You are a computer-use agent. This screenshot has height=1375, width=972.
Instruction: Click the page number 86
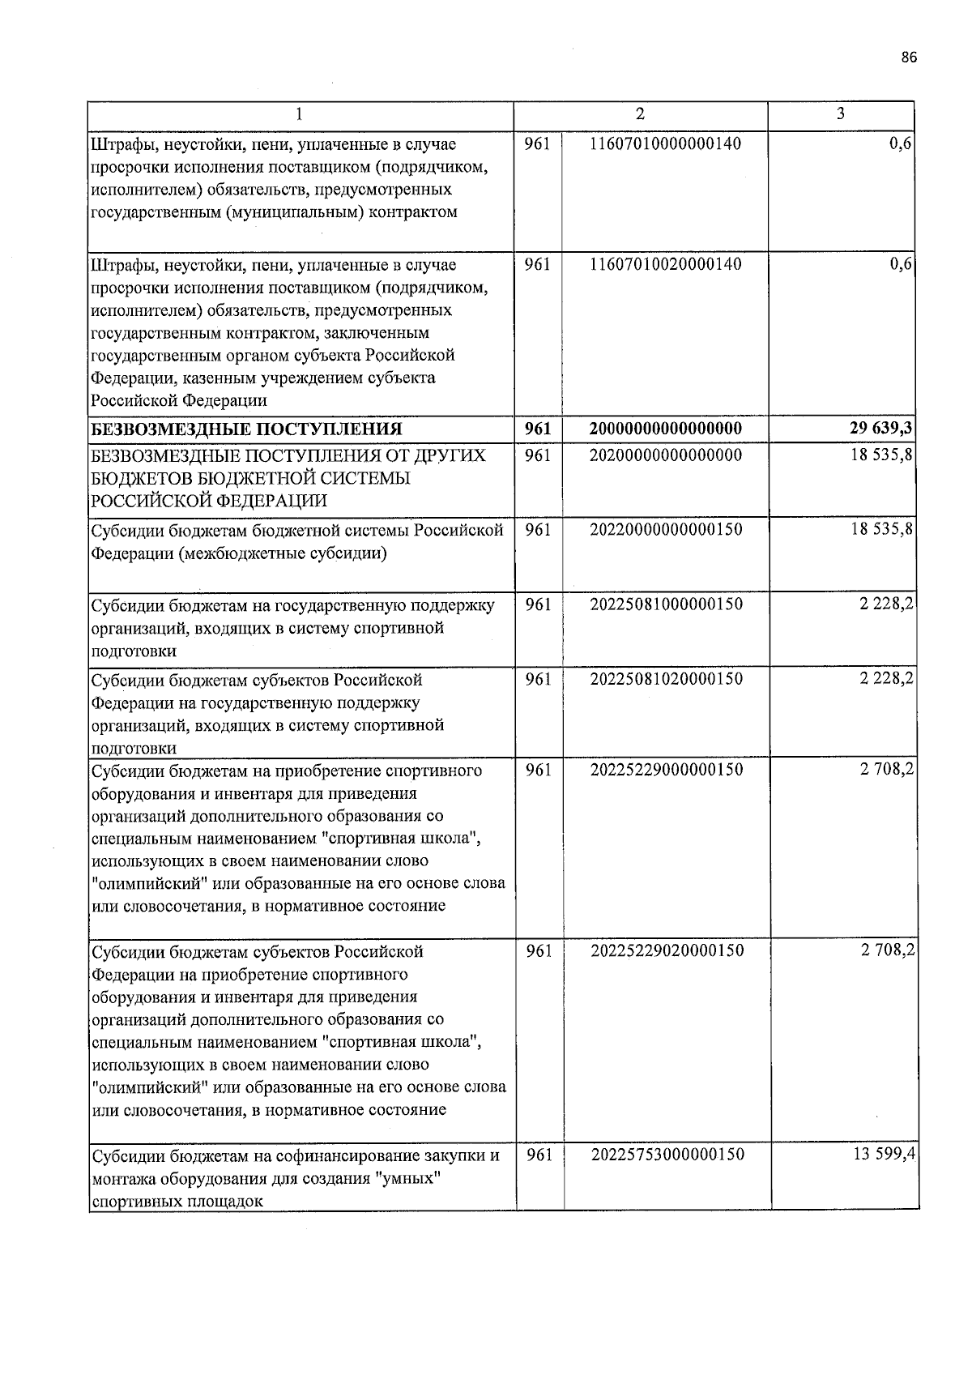click(x=909, y=57)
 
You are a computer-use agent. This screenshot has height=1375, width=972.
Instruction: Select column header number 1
click(x=300, y=115)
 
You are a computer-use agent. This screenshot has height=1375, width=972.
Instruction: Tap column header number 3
click(x=841, y=113)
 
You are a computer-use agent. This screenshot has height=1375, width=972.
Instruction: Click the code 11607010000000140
click(x=666, y=144)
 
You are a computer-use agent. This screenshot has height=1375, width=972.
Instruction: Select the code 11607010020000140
click(x=666, y=264)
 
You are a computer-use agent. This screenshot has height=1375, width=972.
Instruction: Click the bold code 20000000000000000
click(x=666, y=429)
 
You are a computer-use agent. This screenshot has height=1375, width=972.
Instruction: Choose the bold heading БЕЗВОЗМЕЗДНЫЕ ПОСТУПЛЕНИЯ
click(x=246, y=429)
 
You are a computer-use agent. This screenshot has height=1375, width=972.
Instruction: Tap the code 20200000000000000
click(x=666, y=455)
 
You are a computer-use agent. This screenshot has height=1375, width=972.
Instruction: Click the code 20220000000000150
click(x=666, y=530)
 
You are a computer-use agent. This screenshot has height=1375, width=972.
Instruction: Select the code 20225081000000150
click(x=666, y=604)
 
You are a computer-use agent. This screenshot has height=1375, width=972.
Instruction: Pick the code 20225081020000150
click(x=666, y=679)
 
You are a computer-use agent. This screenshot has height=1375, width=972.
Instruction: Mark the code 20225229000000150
click(x=666, y=770)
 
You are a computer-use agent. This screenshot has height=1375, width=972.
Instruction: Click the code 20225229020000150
click(x=666, y=950)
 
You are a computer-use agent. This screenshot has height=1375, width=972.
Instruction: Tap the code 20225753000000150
click(x=666, y=1155)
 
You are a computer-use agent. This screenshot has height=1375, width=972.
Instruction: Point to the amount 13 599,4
click(x=884, y=1155)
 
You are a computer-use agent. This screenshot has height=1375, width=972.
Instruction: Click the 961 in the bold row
click(x=538, y=429)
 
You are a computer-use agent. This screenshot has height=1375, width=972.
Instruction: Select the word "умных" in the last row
click(x=410, y=1177)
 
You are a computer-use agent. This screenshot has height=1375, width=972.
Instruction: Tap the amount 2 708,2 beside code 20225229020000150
click(x=887, y=950)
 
